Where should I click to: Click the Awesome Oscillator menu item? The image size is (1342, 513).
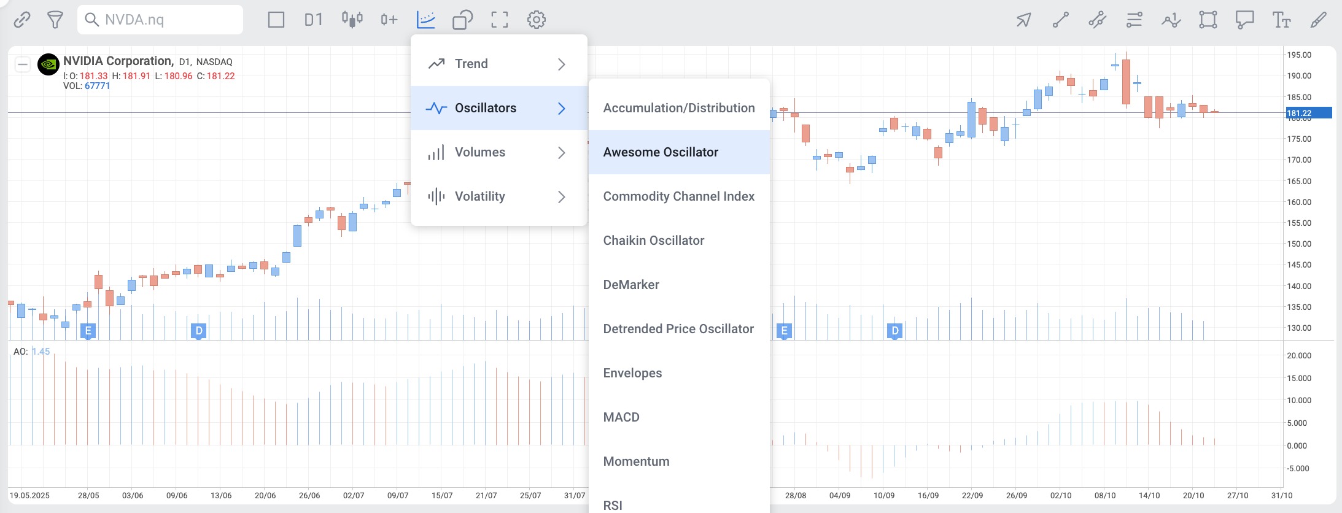[661, 152]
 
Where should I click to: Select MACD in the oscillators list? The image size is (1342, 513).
[621, 417]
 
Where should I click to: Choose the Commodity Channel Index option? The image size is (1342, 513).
[678, 196]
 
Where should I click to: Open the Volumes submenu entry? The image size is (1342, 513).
[480, 152]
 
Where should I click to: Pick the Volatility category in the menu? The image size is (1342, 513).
[480, 196]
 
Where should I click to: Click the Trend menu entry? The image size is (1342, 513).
[471, 64]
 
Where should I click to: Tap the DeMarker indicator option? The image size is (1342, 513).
[631, 285]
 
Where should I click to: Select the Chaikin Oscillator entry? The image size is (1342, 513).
[653, 241]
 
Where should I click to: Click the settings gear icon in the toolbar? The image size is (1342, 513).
[537, 20]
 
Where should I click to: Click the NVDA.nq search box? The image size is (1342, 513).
[161, 20]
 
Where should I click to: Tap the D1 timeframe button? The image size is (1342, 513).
[313, 20]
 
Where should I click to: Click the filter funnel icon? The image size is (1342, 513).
[55, 20]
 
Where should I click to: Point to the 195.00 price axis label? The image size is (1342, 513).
[1299, 55]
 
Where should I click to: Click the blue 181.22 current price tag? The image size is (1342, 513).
[1308, 113]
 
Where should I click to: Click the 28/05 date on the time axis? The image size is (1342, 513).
[88, 495]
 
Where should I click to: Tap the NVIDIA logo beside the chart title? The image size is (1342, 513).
[48, 64]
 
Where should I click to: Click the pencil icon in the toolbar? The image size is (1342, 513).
[1318, 20]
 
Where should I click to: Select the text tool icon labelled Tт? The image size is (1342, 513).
[1281, 20]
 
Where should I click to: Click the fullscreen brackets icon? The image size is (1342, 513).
[500, 20]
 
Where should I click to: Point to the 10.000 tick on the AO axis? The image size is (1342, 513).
[1299, 400]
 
